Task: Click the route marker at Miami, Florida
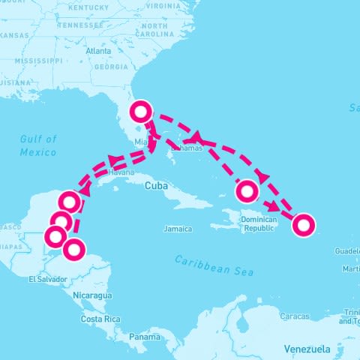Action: [141, 112]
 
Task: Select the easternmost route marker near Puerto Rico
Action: [302, 224]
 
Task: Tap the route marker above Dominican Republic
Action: [247, 192]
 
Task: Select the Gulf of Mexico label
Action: [39, 145]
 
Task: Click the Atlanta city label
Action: [98, 51]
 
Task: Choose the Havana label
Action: [121, 172]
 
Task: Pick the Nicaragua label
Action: [92, 295]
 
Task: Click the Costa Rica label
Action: [101, 319]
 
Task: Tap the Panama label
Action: [143, 337]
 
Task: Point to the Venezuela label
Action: [307, 349]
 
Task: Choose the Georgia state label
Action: [110, 66]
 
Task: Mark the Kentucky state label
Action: [88, 7]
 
